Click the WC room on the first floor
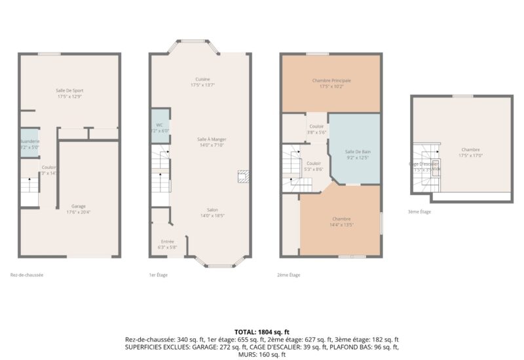coord(160,127)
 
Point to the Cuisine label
coord(202,82)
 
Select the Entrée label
coord(167,244)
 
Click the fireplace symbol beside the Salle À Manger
coord(242,176)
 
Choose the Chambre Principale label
coord(331,83)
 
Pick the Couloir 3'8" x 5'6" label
coord(317,129)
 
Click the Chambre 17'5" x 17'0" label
coord(470,153)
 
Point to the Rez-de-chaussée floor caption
coord(28,275)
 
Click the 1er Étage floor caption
coord(159,275)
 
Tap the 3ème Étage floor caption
coord(419,211)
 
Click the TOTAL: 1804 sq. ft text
coord(261,332)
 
